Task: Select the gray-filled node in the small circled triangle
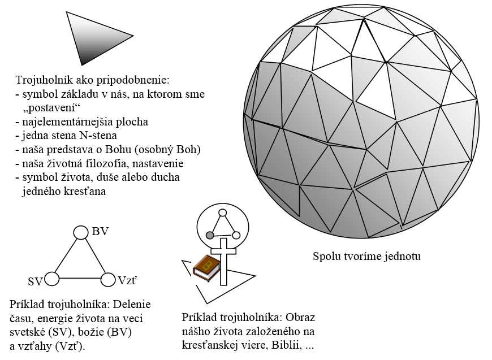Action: [210, 235]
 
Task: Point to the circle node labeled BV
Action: [81, 232]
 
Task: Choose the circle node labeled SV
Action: [52, 279]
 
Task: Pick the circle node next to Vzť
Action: [108, 279]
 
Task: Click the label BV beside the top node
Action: [100, 232]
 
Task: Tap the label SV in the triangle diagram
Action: [35, 281]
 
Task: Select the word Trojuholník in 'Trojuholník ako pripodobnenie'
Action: [43, 80]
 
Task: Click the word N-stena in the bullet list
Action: [100, 136]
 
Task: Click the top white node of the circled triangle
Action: [222, 213]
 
